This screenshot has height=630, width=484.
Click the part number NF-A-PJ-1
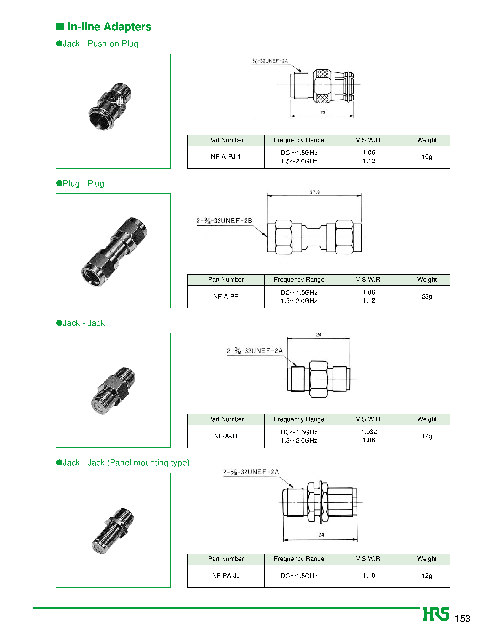point(226,157)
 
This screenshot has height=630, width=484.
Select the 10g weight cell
point(427,157)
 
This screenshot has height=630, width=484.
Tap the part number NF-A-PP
point(226,296)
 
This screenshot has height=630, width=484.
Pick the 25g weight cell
point(427,296)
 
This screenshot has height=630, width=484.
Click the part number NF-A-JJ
point(226,436)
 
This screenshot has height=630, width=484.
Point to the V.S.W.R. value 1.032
point(369,432)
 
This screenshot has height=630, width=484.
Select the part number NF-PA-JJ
point(226,576)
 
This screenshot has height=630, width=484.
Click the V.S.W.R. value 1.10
point(369,576)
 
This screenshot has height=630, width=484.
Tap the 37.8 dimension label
point(315,192)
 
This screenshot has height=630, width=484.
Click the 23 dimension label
point(323,113)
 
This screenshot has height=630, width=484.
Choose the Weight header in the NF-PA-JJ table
point(427,559)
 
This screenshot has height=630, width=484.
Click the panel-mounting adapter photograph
point(113,531)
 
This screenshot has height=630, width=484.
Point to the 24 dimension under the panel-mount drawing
point(321,535)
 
